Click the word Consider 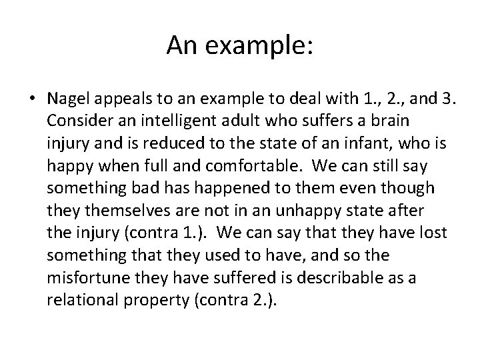tap(77, 122)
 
